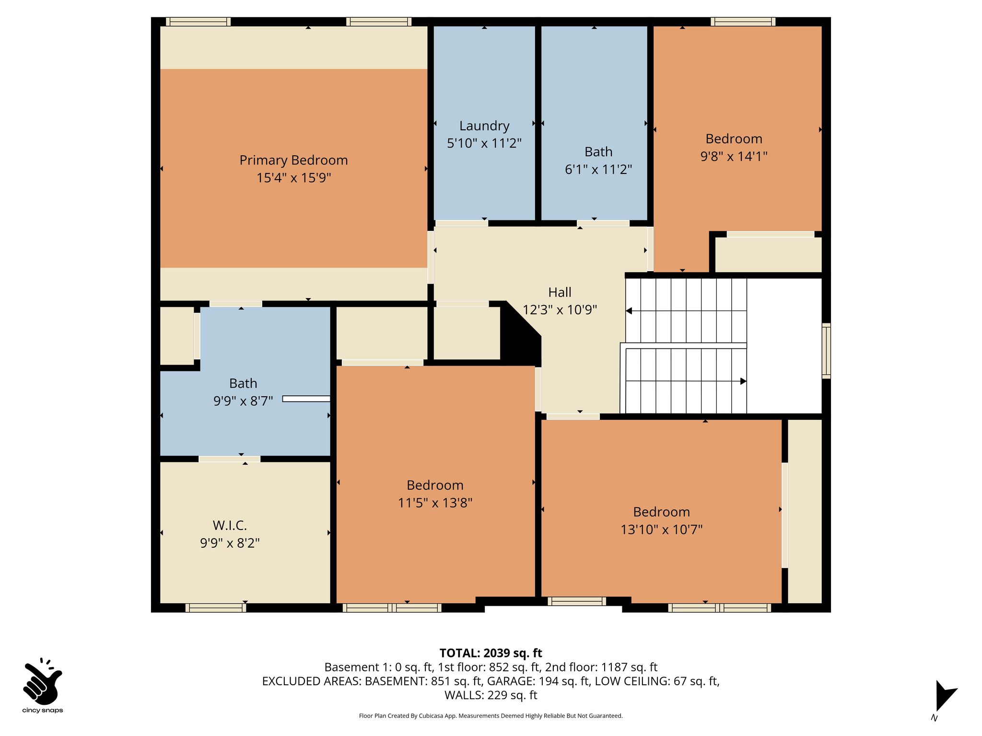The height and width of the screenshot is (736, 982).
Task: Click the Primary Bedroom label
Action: [x=293, y=160]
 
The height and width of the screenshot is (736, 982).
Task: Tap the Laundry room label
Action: [x=484, y=126]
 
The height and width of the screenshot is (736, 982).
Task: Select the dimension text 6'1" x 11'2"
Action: [x=598, y=169]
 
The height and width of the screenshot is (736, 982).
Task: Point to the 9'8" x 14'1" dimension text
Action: [x=734, y=156]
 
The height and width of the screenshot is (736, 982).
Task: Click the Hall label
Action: [x=560, y=292]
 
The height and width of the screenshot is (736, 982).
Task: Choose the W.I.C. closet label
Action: [x=230, y=526]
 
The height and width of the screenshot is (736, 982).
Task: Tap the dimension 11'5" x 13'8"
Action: [x=435, y=503]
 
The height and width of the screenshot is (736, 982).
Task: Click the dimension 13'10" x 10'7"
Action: [x=661, y=529]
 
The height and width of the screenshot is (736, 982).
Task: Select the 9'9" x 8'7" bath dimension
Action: [x=243, y=401]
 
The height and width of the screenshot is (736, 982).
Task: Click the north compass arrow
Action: [x=945, y=696]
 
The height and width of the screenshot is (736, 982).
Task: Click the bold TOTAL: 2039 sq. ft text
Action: [x=491, y=653]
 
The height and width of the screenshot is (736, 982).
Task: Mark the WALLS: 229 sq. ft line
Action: [x=491, y=695]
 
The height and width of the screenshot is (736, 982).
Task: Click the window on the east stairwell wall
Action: [x=827, y=351]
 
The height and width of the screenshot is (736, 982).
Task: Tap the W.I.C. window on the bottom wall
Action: [x=216, y=608]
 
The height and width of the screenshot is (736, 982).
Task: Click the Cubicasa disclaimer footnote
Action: [x=491, y=716]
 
